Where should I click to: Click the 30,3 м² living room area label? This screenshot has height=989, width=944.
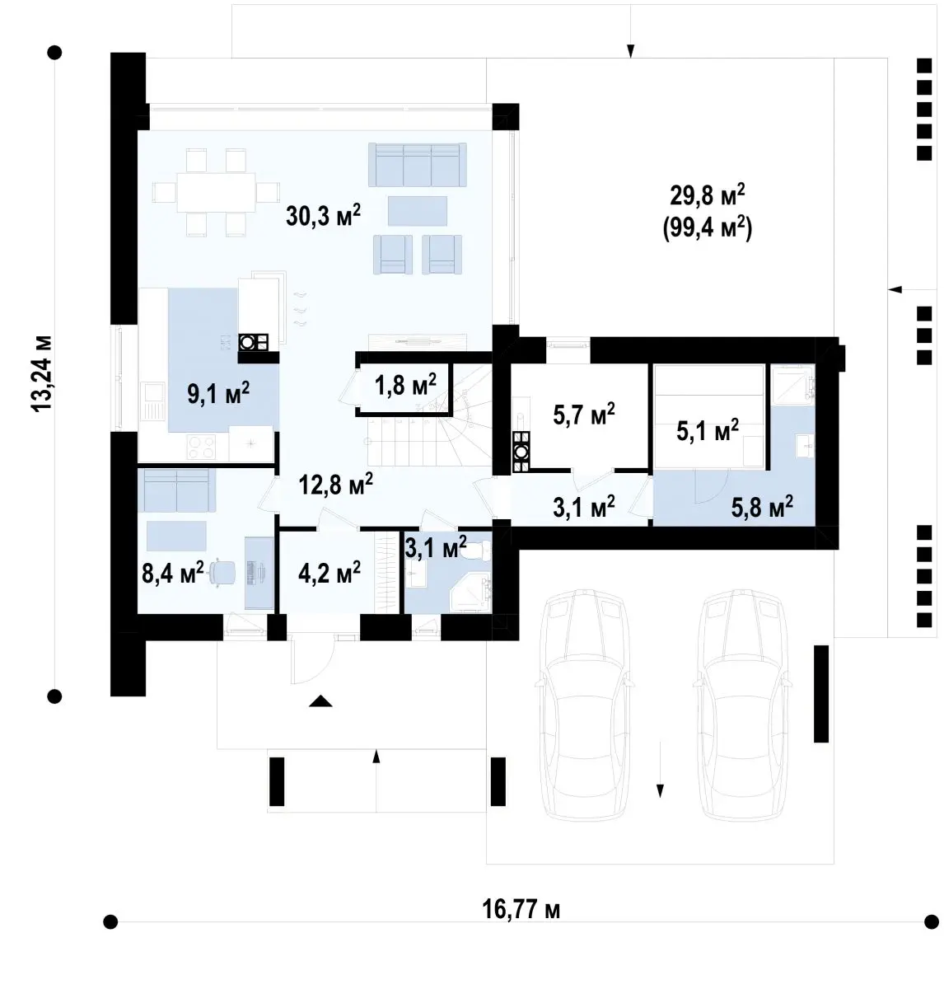[323, 215]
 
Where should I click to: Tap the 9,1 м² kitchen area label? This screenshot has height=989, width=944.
[218, 393]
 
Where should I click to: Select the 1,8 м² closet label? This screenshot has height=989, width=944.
[405, 384]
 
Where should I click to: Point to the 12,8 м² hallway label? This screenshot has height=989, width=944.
[336, 484]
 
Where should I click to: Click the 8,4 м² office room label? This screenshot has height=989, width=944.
[173, 573]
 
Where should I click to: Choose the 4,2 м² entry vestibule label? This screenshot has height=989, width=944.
[329, 573]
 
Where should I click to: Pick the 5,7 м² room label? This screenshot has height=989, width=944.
[584, 415]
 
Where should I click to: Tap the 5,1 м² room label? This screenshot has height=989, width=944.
[708, 430]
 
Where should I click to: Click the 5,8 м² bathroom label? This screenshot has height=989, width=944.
[762, 506]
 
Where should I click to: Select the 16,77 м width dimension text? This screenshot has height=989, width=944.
[521, 909]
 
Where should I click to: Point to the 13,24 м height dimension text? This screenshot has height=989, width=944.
[42, 373]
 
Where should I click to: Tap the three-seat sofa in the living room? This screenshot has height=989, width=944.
[418, 164]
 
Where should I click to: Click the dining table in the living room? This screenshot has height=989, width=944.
[216, 192]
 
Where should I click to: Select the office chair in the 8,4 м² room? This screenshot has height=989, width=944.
[222, 573]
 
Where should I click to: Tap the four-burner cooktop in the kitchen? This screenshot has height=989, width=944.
[201, 448]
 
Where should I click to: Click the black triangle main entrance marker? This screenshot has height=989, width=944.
[320, 702]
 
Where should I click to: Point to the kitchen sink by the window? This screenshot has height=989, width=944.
[152, 401]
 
